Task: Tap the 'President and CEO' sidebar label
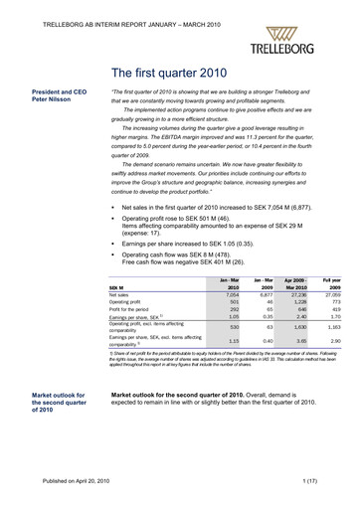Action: pos(62,90)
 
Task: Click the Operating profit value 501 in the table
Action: pos(233,275)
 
